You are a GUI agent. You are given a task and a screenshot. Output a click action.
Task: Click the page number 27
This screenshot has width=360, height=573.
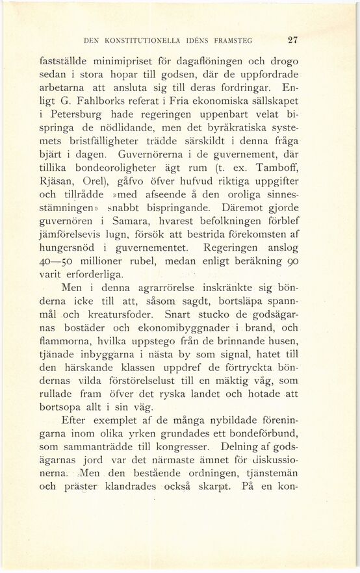click(x=292, y=39)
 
